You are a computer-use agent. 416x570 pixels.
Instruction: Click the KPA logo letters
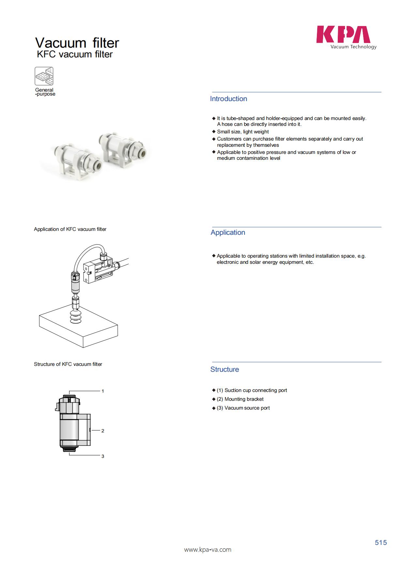343,35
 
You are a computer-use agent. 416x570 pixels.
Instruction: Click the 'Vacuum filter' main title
77,43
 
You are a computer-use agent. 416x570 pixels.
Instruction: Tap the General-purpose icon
44,76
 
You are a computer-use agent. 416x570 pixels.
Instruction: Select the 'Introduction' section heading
228,99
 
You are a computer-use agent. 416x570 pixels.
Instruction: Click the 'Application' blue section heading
228,232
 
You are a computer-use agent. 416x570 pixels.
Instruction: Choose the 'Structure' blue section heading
224,369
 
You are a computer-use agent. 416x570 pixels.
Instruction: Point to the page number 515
380,543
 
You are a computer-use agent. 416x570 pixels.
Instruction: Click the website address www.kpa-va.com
208,550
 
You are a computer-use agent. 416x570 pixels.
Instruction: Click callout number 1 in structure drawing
103,391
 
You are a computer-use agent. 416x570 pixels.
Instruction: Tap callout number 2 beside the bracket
103,431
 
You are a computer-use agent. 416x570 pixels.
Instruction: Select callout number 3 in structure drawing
103,456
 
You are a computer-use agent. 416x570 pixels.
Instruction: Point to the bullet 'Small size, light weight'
243,132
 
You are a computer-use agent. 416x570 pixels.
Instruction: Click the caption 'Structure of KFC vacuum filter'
68,364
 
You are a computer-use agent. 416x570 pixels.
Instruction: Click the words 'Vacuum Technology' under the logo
353,47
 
